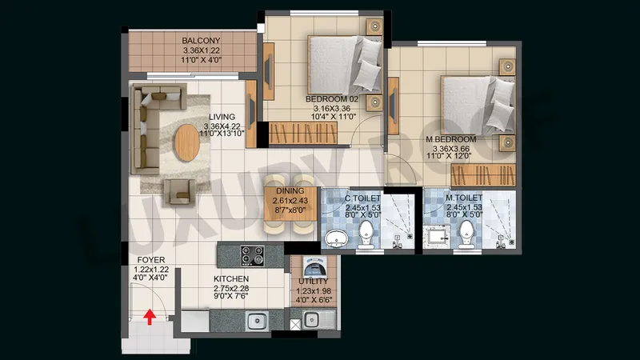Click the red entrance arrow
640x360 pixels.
150,317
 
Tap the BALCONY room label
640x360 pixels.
201,41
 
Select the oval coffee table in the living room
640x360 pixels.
187,142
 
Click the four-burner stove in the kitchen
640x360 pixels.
252,256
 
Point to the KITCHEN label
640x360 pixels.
231,278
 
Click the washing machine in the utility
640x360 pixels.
314,267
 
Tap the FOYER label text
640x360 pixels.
151,260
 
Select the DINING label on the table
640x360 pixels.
290,190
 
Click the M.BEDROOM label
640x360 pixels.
450,139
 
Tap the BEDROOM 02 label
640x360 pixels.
332,98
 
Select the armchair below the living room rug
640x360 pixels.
179,192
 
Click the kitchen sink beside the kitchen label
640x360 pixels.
257,321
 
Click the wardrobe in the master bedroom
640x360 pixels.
483,175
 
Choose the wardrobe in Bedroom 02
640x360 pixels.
303,133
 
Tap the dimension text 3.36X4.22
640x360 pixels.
222,126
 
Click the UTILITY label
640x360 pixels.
314,282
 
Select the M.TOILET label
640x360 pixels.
464,198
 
